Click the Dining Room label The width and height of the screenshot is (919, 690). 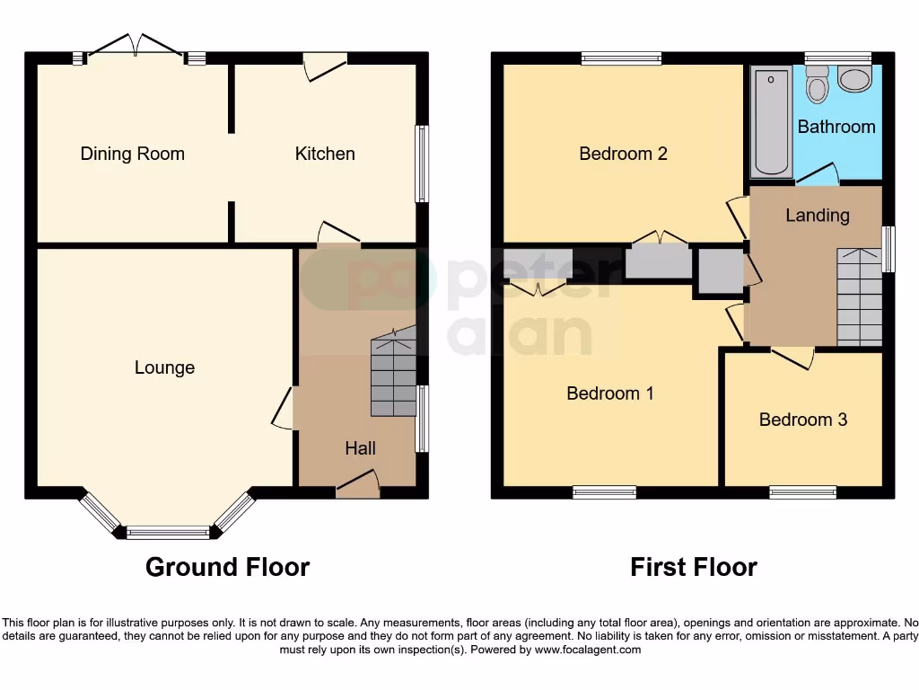(x=132, y=154)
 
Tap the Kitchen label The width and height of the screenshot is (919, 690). (x=325, y=154)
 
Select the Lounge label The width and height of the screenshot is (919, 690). (x=164, y=367)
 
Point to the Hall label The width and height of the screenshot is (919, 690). (x=360, y=448)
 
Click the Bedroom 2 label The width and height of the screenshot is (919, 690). (x=623, y=154)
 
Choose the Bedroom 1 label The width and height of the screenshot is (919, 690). (x=610, y=393)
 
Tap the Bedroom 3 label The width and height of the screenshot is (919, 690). (x=802, y=420)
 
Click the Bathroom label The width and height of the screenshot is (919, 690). (x=836, y=127)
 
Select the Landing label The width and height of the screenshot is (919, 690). (x=817, y=216)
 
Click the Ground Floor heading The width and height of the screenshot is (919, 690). (x=227, y=567)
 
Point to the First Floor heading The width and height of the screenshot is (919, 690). (x=693, y=567)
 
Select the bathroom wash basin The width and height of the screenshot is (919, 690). (x=853, y=81)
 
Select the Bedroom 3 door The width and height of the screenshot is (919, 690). (x=792, y=358)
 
